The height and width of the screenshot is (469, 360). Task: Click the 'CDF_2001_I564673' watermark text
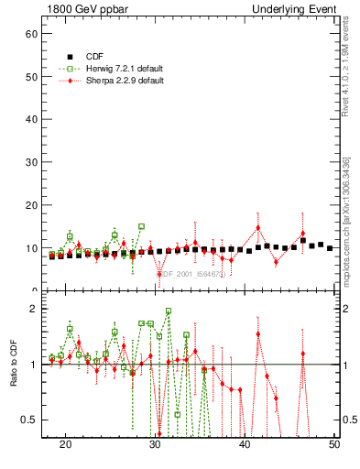coord(189,272)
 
